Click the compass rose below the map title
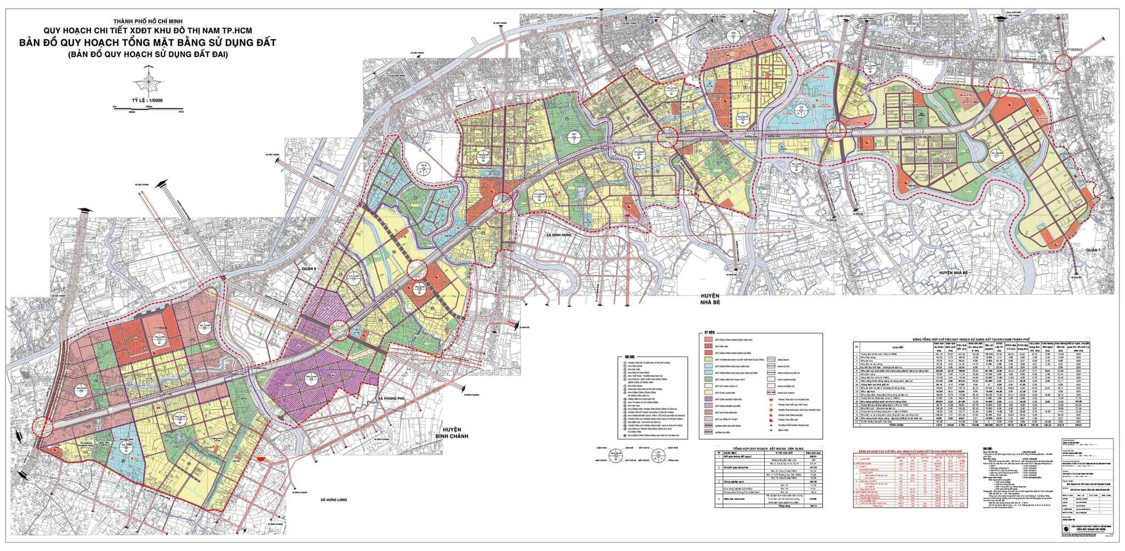tap(149, 82)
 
